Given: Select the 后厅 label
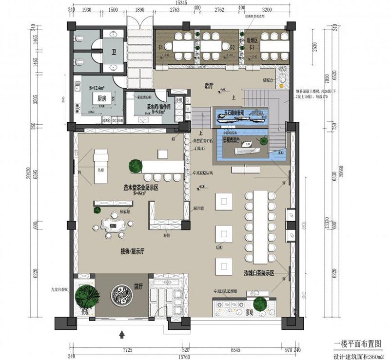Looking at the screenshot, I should point(210,85).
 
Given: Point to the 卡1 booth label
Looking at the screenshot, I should point(159,47).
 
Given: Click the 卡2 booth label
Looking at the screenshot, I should point(232,47).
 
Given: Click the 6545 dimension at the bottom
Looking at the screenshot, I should point(235,349).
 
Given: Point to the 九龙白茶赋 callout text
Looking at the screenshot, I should point(59,288).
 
